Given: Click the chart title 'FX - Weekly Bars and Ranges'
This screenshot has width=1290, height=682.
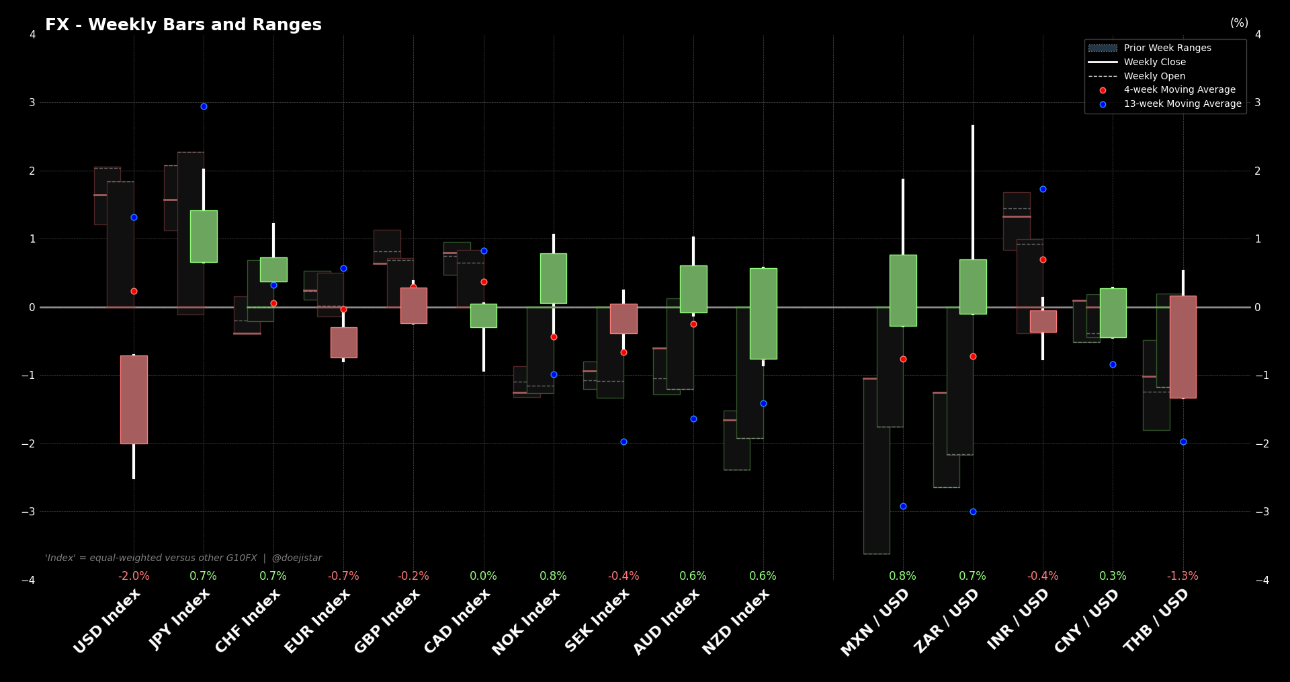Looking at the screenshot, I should [183, 25].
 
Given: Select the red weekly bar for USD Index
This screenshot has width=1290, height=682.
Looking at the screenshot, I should [134, 399].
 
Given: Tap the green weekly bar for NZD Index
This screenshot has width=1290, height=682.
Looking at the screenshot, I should [763, 313].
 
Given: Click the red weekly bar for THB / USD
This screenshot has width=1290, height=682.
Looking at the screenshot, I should [1182, 347].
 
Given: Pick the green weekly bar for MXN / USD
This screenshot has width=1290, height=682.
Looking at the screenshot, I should [903, 290].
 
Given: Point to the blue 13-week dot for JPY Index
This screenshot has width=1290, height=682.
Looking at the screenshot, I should [204, 106].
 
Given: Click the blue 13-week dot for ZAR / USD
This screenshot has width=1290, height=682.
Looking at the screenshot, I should [973, 511].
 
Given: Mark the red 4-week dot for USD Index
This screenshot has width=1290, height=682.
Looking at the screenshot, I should [134, 291].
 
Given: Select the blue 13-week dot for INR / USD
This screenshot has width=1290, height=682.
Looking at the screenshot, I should [1043, 189].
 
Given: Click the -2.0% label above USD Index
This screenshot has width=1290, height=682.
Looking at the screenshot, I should [134, 576].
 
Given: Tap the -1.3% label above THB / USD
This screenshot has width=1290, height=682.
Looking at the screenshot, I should [1182, 576].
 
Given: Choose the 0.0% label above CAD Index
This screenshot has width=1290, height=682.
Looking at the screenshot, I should [483, 576].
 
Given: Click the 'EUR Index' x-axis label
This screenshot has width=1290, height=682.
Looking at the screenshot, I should [318, 621].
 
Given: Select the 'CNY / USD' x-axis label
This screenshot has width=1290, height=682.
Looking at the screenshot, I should [1086, 620].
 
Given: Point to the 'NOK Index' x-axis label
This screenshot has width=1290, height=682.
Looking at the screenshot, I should [526, 622].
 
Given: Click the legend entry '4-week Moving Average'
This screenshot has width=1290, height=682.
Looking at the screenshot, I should [1179, 89].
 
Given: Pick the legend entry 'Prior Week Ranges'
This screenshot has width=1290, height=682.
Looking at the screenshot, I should [1167, 48].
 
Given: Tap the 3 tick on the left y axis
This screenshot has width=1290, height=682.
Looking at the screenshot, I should [32, 103].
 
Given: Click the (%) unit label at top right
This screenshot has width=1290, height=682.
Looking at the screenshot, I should [1239, 23].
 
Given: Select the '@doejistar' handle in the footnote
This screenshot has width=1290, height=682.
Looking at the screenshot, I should [296, 558].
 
